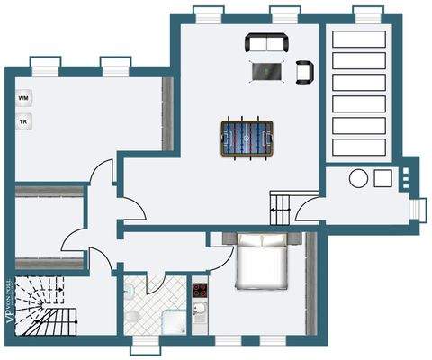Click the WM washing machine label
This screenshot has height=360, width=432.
pyautogui.click(x=22, y=94)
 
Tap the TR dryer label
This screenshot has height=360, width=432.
pyautogui.click(x=22, y=119)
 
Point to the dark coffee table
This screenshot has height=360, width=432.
pyautogui.click(x=266, y=70)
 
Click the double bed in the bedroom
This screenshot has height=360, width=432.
pyautogui.click(x=263, y=260)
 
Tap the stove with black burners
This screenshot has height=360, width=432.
pyautogui.click(x=200, y=290)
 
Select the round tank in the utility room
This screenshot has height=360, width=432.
pyautogui.click(x=358, y=177)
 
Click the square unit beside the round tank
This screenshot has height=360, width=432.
pyautogui.click(x=383, y=177)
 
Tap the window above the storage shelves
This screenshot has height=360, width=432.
pyautogui.click(x=366, y=13)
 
